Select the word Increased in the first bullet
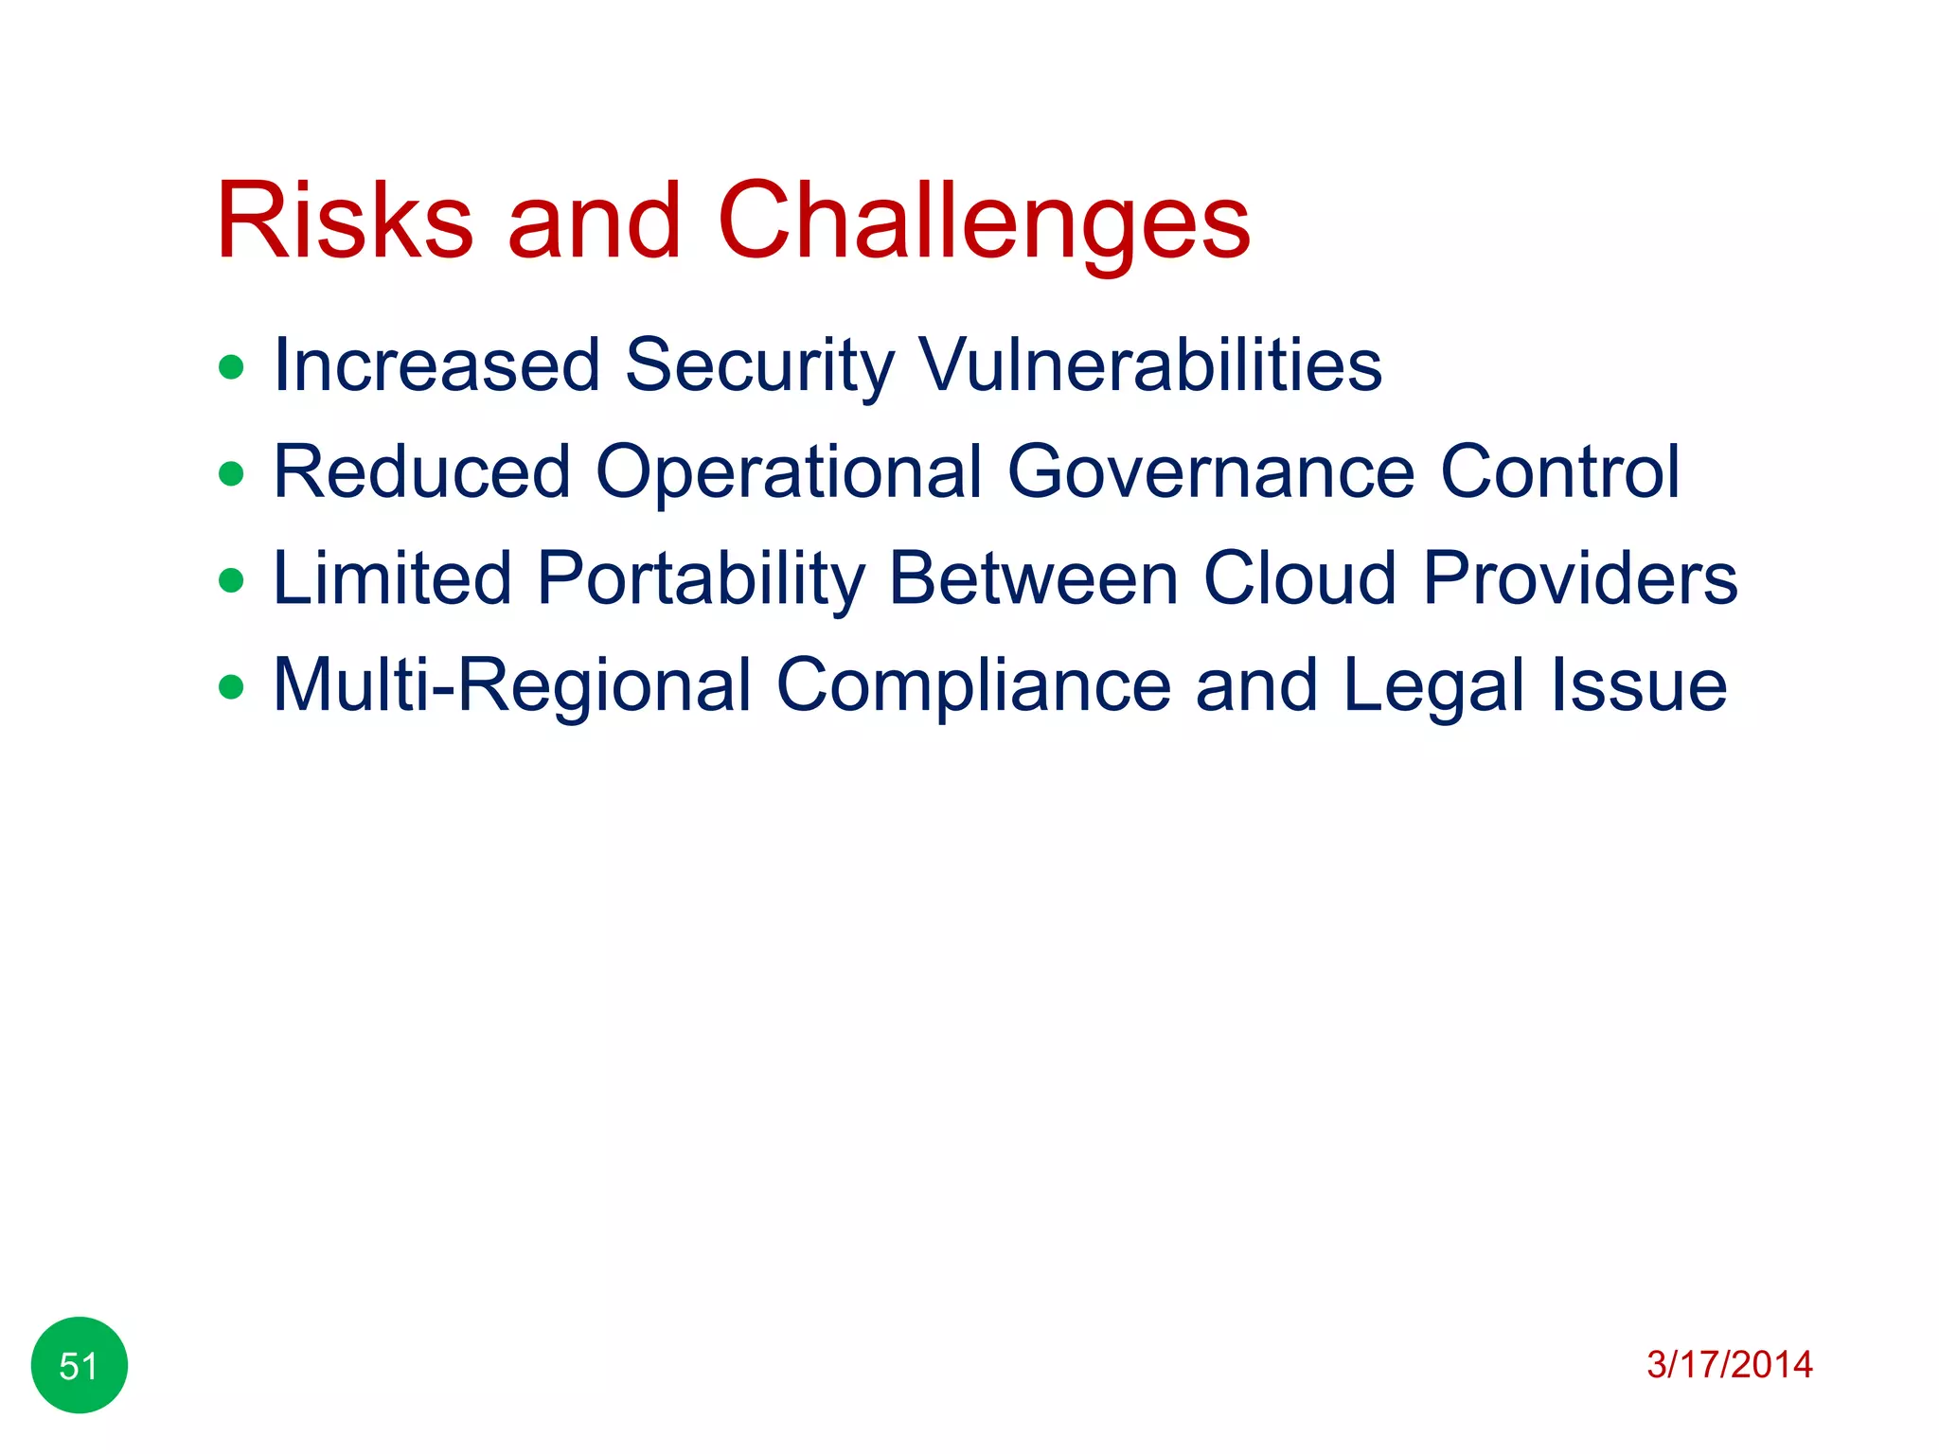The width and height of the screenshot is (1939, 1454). click(x=436, y=365)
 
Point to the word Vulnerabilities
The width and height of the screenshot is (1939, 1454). click(x=1150, y=365)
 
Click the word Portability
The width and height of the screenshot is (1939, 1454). click(x=701, y=578)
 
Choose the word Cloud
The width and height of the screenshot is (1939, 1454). click(x=1299, y=578)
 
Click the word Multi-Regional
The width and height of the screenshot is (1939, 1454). click(x=512, y=685)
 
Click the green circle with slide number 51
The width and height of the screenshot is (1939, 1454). click(x=80, y=1365)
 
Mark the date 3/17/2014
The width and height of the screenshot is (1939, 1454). click(x=1729, y=1365)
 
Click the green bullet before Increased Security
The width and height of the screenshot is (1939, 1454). click(x=231, y=366)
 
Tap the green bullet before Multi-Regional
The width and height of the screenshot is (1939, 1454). click(x=231, y=686)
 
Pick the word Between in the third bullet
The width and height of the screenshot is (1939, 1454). click(x=1033, y=578)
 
